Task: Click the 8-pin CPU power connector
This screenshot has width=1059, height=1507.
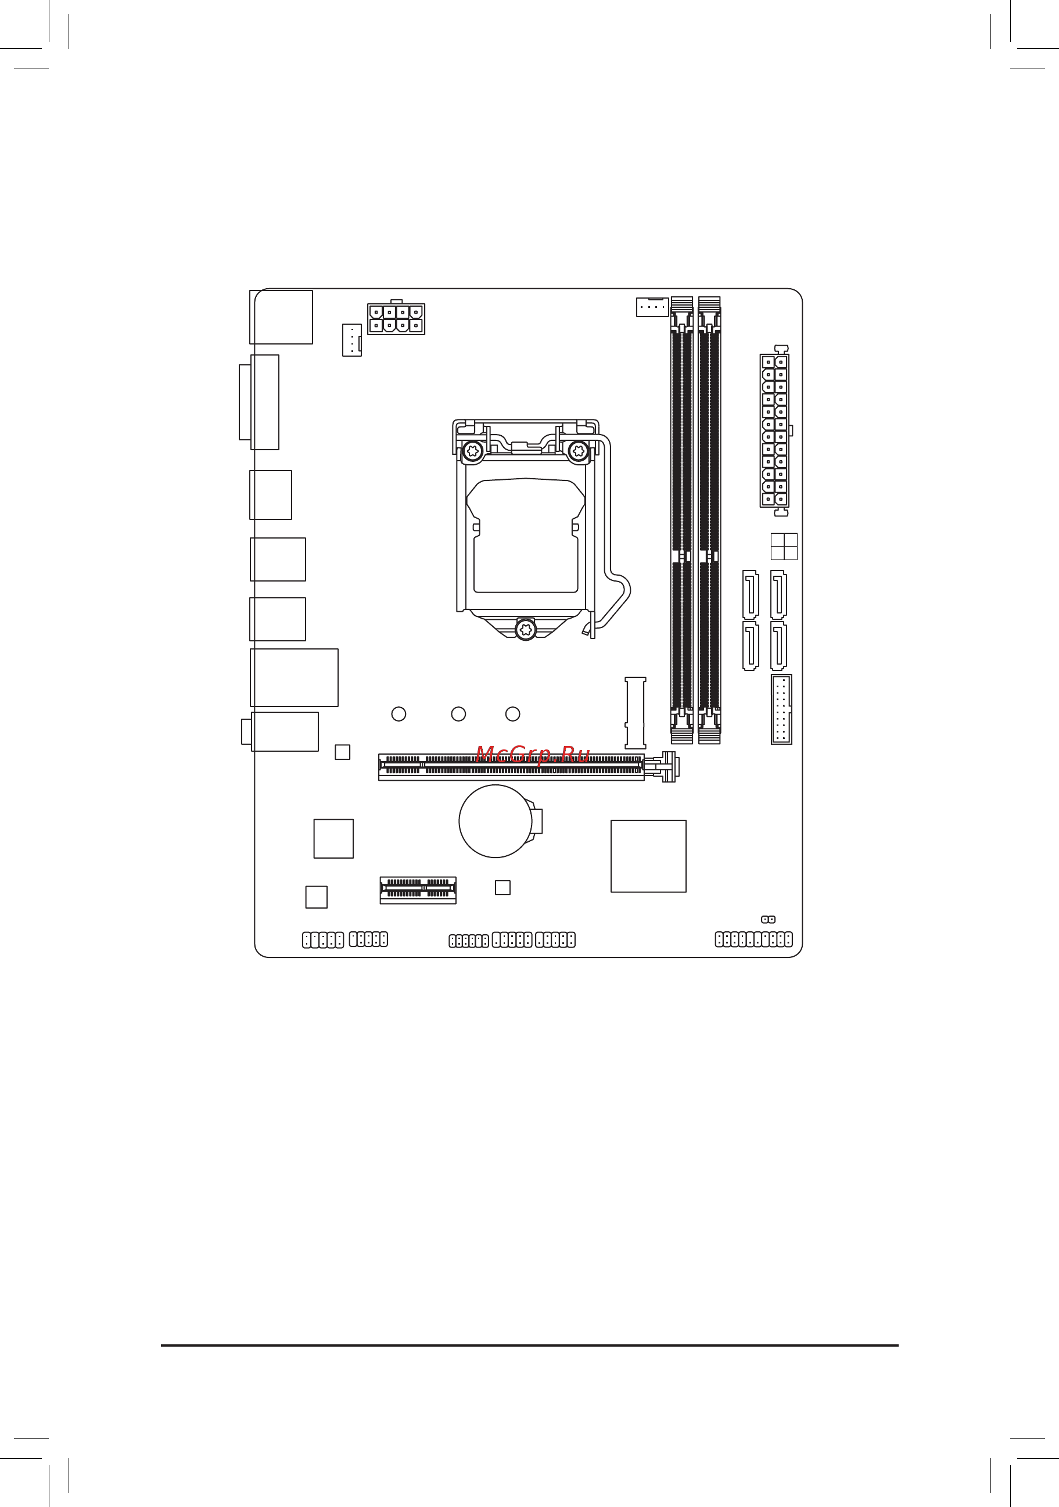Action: (x=396, y=319)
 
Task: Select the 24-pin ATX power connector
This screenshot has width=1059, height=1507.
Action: (x=774, y=430)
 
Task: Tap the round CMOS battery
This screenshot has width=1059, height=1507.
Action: (x=496, y=820)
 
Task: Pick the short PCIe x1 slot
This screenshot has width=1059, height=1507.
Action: (x=418, y=889)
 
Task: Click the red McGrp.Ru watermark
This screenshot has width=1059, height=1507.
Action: (x=532, y=754)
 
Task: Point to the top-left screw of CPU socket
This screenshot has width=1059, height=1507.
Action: (x=473, y=451)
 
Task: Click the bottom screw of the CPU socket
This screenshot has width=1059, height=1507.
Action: (x=526, y=629)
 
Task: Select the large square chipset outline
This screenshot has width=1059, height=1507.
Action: (x=648, y=856)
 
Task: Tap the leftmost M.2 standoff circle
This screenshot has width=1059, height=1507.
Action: (x=399, y=713)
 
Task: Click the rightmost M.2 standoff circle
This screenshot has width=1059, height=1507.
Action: (x=512, y=713)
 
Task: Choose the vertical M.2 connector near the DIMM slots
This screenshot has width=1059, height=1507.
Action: (x=635, y=712)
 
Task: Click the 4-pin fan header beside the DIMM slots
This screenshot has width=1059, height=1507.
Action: (x=652, y=307)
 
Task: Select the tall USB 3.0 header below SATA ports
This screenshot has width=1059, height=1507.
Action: (x=781, y=709)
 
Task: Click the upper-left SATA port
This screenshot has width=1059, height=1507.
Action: (x=751, y=594)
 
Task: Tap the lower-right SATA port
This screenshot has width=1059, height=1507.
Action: (x=778, y=646)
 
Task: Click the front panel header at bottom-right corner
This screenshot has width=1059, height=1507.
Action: (x=753, y=939)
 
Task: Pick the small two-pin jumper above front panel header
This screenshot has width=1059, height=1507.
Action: (x=768, y=920)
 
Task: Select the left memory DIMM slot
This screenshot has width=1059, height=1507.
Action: (x=682, y=520)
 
